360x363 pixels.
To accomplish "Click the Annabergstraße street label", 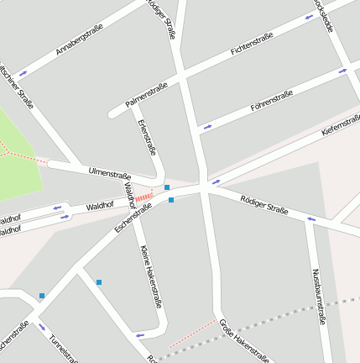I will coord(80,39).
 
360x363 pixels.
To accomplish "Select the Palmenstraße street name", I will coord(147,94).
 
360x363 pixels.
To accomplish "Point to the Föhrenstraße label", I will coord(272,101).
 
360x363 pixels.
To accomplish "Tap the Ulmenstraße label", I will coord(110,173).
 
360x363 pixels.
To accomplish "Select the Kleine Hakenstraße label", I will coord(149,277).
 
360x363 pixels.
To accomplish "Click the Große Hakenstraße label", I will coord(243,341).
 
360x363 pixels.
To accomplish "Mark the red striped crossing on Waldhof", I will coord(144,197).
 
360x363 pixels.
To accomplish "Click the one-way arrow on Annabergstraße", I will coord(23,72).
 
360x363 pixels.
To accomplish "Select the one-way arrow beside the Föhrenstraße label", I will coord(207,127).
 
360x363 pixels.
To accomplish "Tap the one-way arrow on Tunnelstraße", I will coord(41,328).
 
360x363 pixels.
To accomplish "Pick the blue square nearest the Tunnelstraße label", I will coord(42,296).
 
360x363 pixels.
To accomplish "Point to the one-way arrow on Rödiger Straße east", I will coord(310,219).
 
